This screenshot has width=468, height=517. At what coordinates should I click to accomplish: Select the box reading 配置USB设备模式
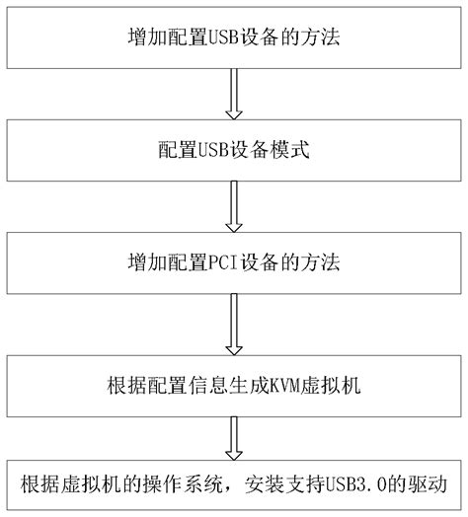click(234, 150)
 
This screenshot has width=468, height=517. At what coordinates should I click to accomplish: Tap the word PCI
click(222, 262)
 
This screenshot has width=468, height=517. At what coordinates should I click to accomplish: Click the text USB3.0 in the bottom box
click(356, 484)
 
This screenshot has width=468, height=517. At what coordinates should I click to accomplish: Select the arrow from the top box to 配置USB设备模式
click(234, 94)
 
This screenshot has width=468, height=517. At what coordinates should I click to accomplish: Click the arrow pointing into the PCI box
click(234, 207)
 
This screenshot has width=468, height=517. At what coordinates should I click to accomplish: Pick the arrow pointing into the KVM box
click(234, 325)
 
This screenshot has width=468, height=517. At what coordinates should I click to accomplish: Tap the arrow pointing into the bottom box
click(234, 438)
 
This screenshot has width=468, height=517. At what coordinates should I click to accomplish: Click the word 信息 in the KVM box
click(208, 386)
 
